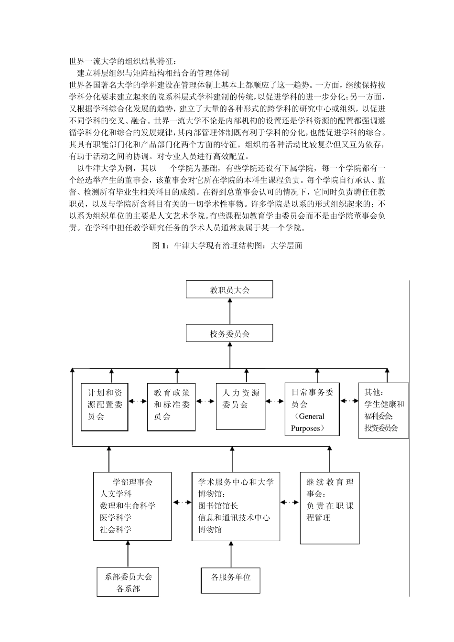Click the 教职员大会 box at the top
pos(229,289)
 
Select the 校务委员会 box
pos(229,333)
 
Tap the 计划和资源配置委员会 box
pos(105,407)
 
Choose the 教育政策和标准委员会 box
pos(172,407)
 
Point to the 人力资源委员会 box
pos(240,406)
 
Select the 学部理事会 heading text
pos(132,482)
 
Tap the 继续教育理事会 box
pos(329,508)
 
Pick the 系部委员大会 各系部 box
pos(128,582)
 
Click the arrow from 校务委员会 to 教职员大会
pos(230,311)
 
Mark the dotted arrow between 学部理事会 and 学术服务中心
pos(182,502)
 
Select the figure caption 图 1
pos(227,246)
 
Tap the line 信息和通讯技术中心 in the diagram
pos(234,518)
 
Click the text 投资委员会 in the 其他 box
pos(380,428)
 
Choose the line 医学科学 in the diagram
pos(116,518)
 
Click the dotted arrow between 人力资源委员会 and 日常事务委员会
pos(275,401)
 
